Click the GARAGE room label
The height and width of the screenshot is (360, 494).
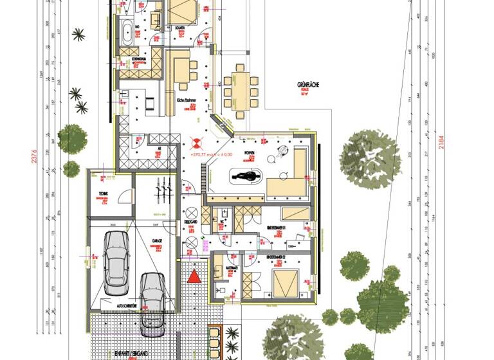156,241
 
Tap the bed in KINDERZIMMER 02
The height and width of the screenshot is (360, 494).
286,283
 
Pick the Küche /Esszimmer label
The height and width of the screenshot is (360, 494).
185,101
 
